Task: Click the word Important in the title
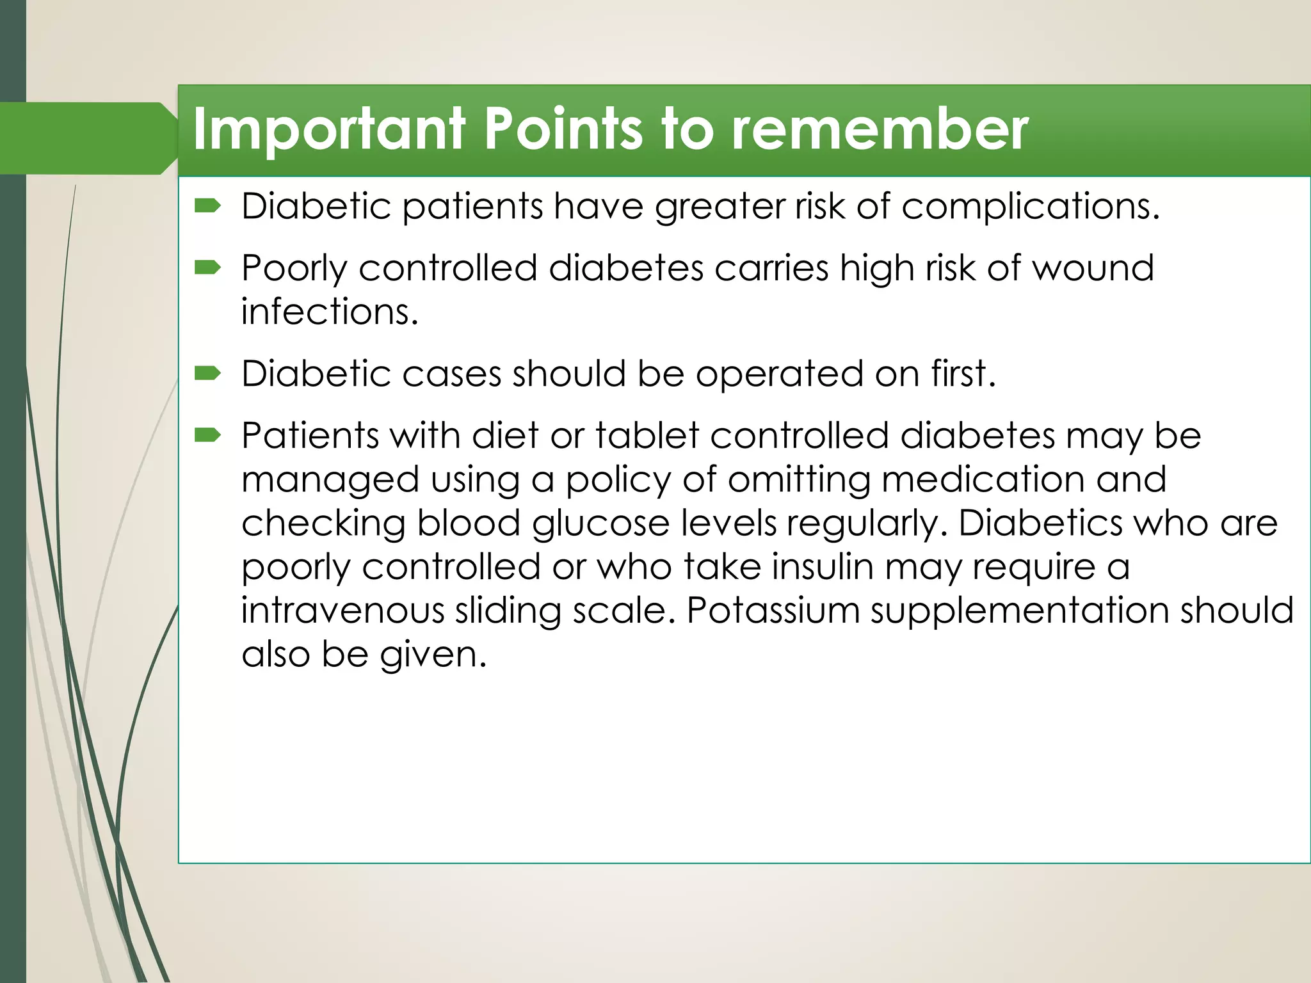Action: [x=328, y=131]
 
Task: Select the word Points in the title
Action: [x=562, y=129]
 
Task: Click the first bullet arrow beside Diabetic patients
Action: [x=208, y=205]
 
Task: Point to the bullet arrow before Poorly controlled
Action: [x=208, y=267]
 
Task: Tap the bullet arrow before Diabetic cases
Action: [x=208, y=372]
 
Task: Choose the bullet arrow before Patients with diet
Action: [x=208, y=435]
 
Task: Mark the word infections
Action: [x=329, y=312]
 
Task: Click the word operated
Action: [x=779, y=374]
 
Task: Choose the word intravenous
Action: [x=342, y=611]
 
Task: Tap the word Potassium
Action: [x=773, y=611]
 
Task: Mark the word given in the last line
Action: [x=433, y=655]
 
